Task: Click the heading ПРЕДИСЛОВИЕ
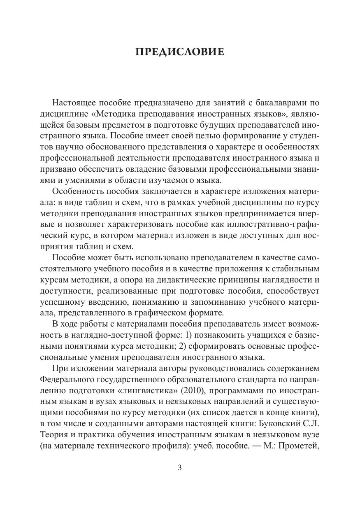(180, 52)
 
